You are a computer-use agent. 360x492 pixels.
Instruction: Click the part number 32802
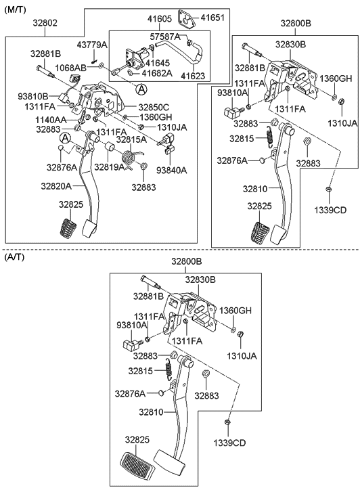pyautogui.click(x=45, y=23)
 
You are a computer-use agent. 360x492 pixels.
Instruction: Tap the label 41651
pyautogui.click(x=212, y=18)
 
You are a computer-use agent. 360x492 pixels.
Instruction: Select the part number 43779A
pyautogui.click(x=92, y=45)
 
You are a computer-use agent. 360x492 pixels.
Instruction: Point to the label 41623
pyautogui.click(x=193, y=76)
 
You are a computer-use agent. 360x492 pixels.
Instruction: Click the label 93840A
pyautogui.click(x=171, y=171)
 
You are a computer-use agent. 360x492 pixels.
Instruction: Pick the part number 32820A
pyautogui.click(x=56, y=186)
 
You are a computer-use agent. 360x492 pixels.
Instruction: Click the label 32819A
pyautogui.click(x=109, y=167)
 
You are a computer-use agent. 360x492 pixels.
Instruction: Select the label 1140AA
pyautogui.click(x=51, y=120)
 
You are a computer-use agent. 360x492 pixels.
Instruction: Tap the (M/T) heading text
pyautogui.click(x=15, y=9)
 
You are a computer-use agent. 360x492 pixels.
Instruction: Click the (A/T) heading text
pyautogui.click(x=14, y=257)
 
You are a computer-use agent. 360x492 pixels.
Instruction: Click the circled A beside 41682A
pyautogui.click(x=141, y=90)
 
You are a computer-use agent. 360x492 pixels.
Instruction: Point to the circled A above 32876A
pyautogui.click(x=65, y=138)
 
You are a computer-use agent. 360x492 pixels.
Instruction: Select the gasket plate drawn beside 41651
pyautogui.click(x=187, y=19)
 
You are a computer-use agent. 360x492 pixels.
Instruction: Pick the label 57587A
pyautogui.click(x=165, y=37)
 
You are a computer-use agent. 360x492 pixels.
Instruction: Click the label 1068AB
pyautogui.click(x=70, y=68)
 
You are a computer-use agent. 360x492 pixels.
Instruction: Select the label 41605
pyautogui.click(x=160, y=19)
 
